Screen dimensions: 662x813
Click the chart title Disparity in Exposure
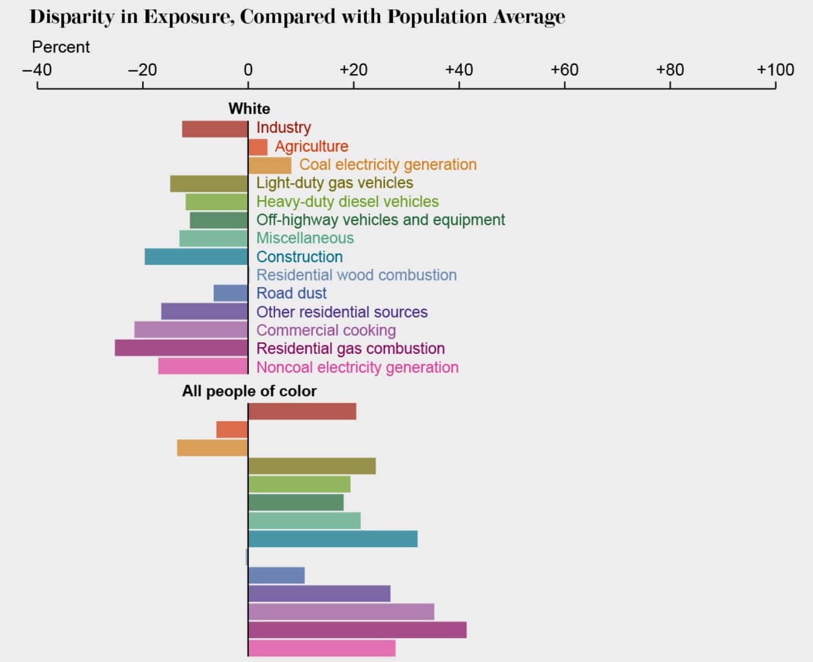click(297, 17)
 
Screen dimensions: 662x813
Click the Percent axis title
click(61, 47)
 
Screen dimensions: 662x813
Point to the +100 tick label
click(775, 70)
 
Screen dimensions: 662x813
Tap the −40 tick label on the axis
click(37, 70)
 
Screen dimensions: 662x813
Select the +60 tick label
click(564, 70)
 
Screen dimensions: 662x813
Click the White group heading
click(249, 109)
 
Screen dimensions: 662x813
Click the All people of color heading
click(249, 391)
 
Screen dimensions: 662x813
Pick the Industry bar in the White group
click(215, 129)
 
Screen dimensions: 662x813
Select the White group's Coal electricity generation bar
click(269, 165)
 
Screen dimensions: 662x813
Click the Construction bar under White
click(196, 256)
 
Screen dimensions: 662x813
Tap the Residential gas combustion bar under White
click(181, 348)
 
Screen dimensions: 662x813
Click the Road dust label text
click(291, 293)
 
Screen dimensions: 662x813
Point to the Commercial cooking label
click(326, 330)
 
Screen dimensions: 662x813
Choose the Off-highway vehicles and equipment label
click(380, 219)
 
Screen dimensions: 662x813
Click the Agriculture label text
click(311, 146)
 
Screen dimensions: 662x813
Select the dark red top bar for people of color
click(302, 411)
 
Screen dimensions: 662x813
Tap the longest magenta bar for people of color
click(357, 630)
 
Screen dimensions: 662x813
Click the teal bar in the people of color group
click(333, 539)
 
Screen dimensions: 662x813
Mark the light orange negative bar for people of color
click(212, 448)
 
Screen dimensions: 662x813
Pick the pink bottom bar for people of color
click(321, 648)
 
